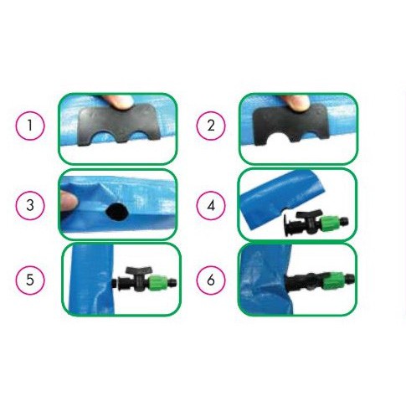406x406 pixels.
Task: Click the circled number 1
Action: [30, 126]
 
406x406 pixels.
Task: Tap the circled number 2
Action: [211, 126]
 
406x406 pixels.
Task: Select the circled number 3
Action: [30, 205]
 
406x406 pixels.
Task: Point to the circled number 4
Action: [211, 206]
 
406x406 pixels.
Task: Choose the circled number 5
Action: [30, 280]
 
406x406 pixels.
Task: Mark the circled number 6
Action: [211, 280]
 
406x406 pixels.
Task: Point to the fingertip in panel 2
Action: [295, 102]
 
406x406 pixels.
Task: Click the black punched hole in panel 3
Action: [116, 211]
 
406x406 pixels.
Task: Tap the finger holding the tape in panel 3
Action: [69, 200]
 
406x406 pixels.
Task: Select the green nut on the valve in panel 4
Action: [330, 223]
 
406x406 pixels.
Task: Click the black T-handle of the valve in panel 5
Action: [139, 271]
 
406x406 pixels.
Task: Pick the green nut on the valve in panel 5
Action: [158, 283]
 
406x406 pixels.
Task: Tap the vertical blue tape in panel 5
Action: [92, 280]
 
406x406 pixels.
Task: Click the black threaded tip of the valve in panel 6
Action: [350, 278]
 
